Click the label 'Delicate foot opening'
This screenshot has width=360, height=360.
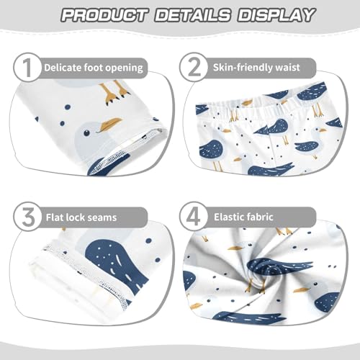(94, 68)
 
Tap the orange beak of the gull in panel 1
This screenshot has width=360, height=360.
(112, 124)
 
